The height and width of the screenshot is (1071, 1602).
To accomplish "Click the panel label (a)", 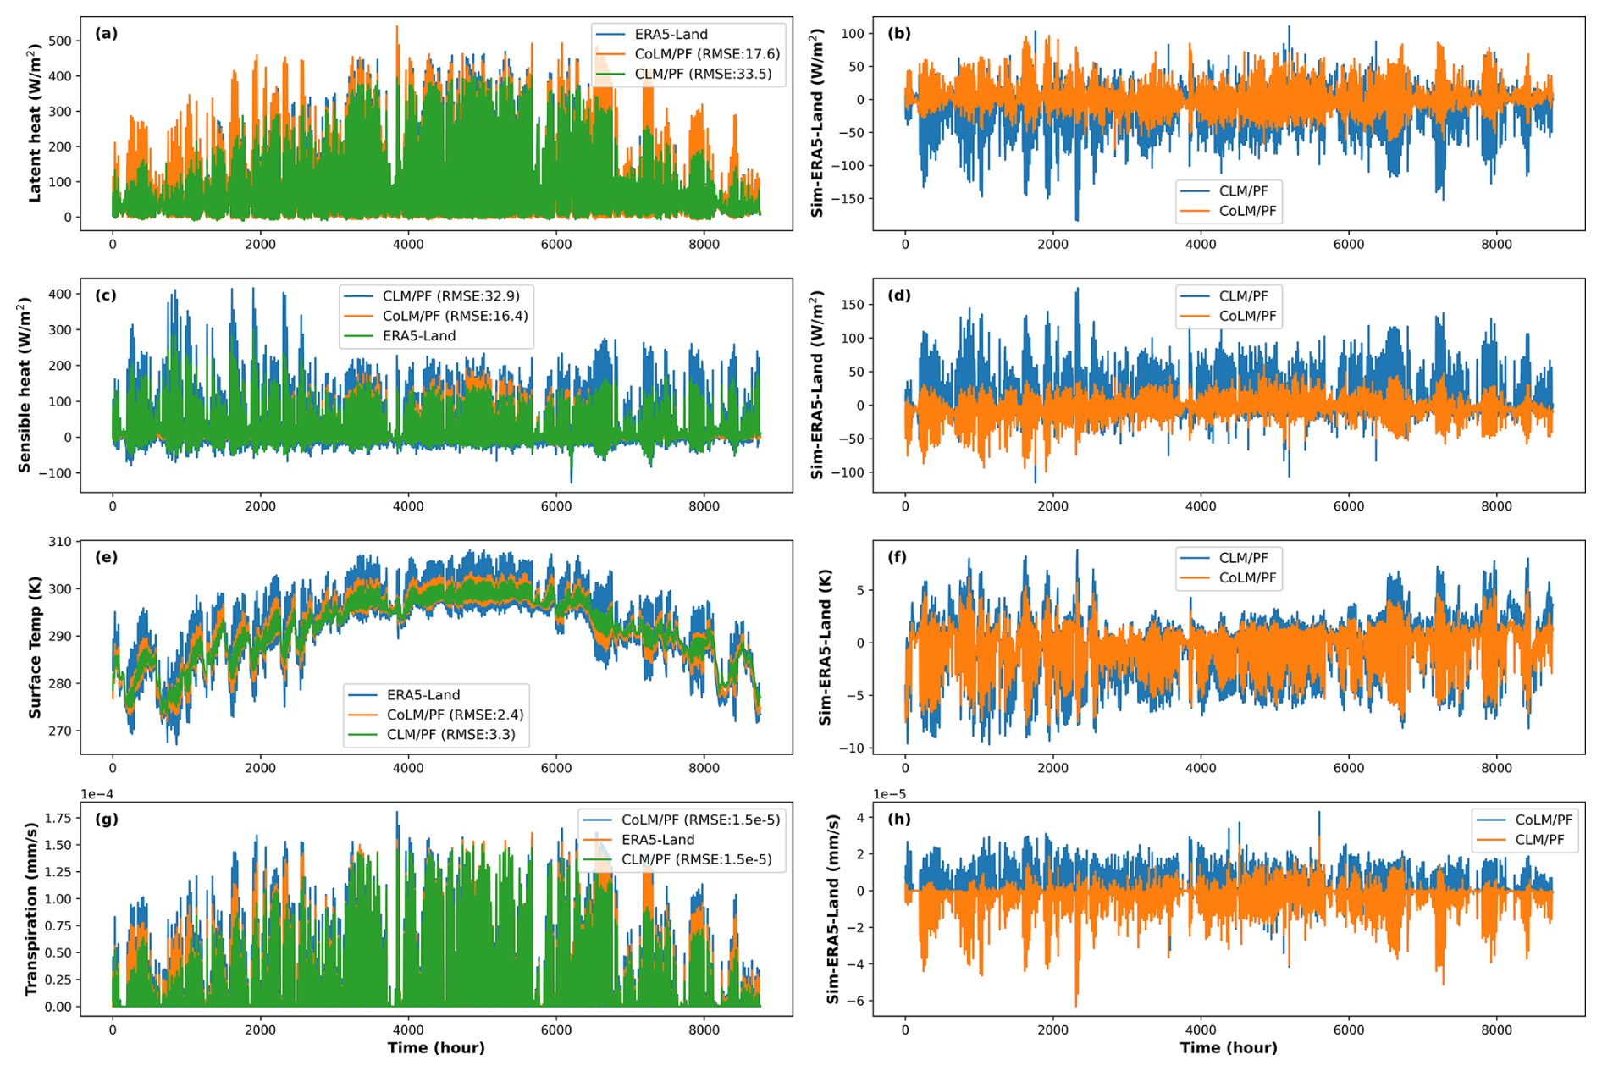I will click(x=106, y=34).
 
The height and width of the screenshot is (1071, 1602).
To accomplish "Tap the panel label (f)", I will click(x=898, y=557).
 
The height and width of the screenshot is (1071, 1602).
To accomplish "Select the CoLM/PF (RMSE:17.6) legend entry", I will click(x=706, y=54).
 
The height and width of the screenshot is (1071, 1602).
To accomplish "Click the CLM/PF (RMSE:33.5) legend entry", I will click(x=702, y=75).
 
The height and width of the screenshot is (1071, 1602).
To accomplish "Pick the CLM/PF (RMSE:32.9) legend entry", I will click(x=450, y=296).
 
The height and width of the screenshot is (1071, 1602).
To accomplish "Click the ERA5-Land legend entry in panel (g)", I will click(x=657, y=840).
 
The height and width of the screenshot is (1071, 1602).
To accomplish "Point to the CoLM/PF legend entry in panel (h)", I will click(x=1544, y=820).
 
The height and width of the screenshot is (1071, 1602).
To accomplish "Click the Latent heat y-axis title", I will click(x=34, y=124).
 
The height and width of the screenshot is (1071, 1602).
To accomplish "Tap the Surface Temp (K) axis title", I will click(x=34, y=648).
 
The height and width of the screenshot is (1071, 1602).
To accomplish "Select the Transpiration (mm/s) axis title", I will click(x=31, y=908).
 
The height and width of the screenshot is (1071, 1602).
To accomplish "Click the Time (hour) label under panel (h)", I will click(x=1228, y=1048).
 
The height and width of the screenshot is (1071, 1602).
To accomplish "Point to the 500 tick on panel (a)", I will click(x=59, y=41).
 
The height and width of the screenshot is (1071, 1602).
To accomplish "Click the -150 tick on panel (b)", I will click(x=847, y=199).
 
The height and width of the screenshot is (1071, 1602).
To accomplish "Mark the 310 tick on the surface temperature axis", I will click(x=59, y=542).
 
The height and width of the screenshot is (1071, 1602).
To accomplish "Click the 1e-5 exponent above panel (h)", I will click(x=889, y=794).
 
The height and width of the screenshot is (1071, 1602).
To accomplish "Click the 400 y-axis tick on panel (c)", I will click(x=59, y=295).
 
